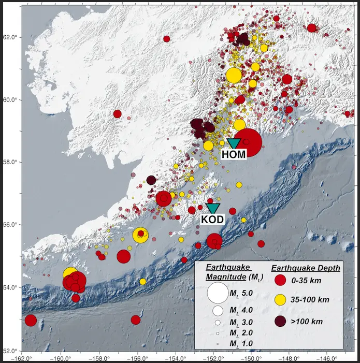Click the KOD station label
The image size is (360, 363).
[x=212, y=219]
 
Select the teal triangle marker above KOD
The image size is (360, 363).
[x=212, y=208]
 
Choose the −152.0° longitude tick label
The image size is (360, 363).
[x=213, y=357]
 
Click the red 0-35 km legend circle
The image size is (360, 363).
[x=280, y=281]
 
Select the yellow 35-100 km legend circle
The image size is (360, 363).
[x=280, y=300]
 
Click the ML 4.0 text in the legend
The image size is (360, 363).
[x=240, y=310]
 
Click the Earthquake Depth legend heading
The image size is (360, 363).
[x=306, y=268]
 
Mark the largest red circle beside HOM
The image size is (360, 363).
[x=248, y=141]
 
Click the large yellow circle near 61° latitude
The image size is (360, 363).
[x=234, y=75]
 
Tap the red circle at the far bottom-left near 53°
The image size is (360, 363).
[x=31, y=321]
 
